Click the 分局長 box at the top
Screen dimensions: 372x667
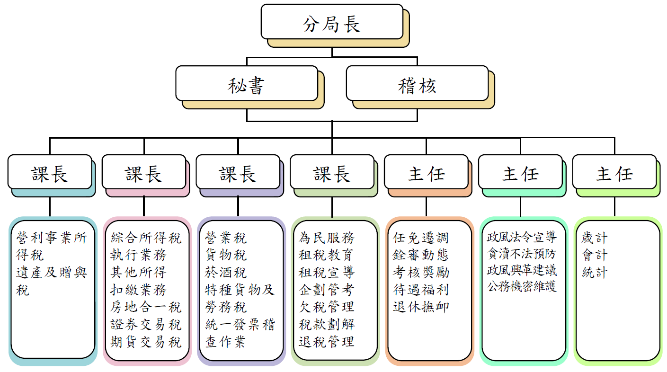(x=332, y=22)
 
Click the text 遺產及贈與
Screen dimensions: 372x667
(x=52, y=272)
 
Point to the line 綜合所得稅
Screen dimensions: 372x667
(x=146, y=238)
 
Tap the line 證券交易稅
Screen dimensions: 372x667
(x=146, y=324)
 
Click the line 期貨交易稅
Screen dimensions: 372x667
(x=146, y=341)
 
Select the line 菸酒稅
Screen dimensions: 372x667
(x=226, y=272)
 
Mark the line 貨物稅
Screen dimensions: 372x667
(x=226, y=255)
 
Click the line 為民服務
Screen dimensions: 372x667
(x=327, y=238)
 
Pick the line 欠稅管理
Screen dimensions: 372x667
(x=327, y=307)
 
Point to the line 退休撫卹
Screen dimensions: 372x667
(x=421, y=307)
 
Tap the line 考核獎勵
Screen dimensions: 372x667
(x=421, y=272)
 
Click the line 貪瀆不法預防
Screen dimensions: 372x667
(x=522, y=254)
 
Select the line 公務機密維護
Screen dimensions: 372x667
(x=522, y=286)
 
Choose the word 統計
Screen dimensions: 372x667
(x=594, y=272)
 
